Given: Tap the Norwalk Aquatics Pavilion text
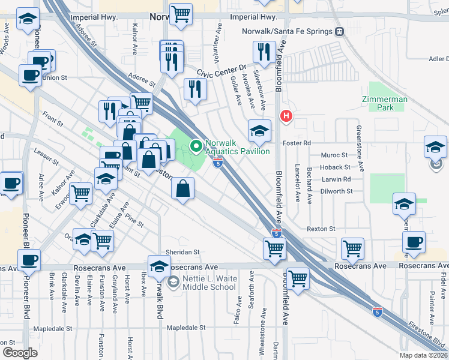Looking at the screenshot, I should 237,147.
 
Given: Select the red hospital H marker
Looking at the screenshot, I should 287,116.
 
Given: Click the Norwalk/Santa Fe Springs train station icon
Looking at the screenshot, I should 339,31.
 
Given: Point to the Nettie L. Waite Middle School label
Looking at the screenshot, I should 209,283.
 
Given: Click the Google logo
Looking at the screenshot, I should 20,352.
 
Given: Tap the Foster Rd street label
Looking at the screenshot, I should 298,143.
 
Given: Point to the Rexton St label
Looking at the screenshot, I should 321,229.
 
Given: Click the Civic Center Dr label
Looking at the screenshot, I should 226,71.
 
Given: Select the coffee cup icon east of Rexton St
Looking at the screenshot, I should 414,242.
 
